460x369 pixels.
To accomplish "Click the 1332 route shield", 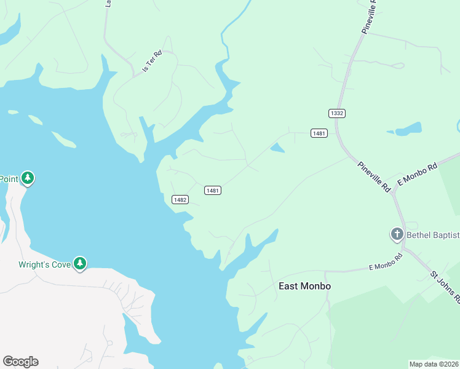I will tap(336, 113).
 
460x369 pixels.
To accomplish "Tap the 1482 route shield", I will tap(180, 199).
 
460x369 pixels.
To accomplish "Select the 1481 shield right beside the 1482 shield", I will tap(213, 191).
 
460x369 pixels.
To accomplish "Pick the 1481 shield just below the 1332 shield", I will tap(319, 133).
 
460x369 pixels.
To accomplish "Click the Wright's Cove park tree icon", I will tap(79, 263).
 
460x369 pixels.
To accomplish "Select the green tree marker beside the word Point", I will tap(27, 178).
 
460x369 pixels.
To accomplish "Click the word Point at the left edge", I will tap(9, 179).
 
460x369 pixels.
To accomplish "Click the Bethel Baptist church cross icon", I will tap(397, 234).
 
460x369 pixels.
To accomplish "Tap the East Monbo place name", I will tap(304, 286).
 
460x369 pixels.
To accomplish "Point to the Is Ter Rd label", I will tap(151, 61).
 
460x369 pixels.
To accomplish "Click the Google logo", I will tap(20, 362).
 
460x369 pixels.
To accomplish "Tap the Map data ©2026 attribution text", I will tap(434, 364).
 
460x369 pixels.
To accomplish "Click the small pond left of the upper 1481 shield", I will tap(277, 148).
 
